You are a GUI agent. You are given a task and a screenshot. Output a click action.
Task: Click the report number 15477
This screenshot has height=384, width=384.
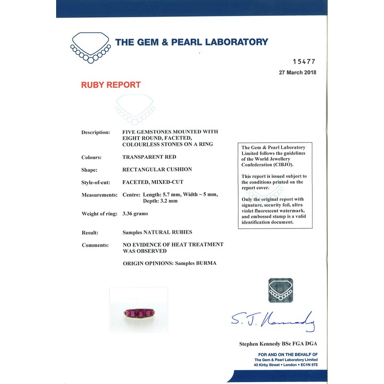pyautogui.click(x=304, y=62)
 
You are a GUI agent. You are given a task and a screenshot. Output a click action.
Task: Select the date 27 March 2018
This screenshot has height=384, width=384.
pyautogui.click(x=298, y=73)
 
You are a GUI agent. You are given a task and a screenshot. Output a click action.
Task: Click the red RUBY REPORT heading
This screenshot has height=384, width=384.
pyautogui.click(x=110, y=85)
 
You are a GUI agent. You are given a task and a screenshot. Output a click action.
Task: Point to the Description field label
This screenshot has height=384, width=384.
pyautogui.click(x=96, y=132)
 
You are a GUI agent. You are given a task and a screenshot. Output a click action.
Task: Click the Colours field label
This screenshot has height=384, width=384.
pyautogui.click(x=91, y=157)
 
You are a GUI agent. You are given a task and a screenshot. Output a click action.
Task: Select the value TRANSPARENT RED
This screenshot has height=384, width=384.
pyautogui.click(x=149, y=157)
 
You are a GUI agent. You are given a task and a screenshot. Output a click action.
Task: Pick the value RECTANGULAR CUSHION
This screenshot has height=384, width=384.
pyautogui.click(x=157, y=169)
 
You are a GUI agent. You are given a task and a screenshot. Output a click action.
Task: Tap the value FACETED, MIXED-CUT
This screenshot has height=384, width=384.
pyautogui.click(x=153, y=182)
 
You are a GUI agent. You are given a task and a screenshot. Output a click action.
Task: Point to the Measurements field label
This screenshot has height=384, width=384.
pyautogui.click(x=99, y=195)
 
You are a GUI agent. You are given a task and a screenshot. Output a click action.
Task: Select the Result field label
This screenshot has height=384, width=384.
pyautogui.click(x=90, y=232)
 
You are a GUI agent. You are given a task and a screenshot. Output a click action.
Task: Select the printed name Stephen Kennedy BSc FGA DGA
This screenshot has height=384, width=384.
pyautogui.click(x=278, y=344)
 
